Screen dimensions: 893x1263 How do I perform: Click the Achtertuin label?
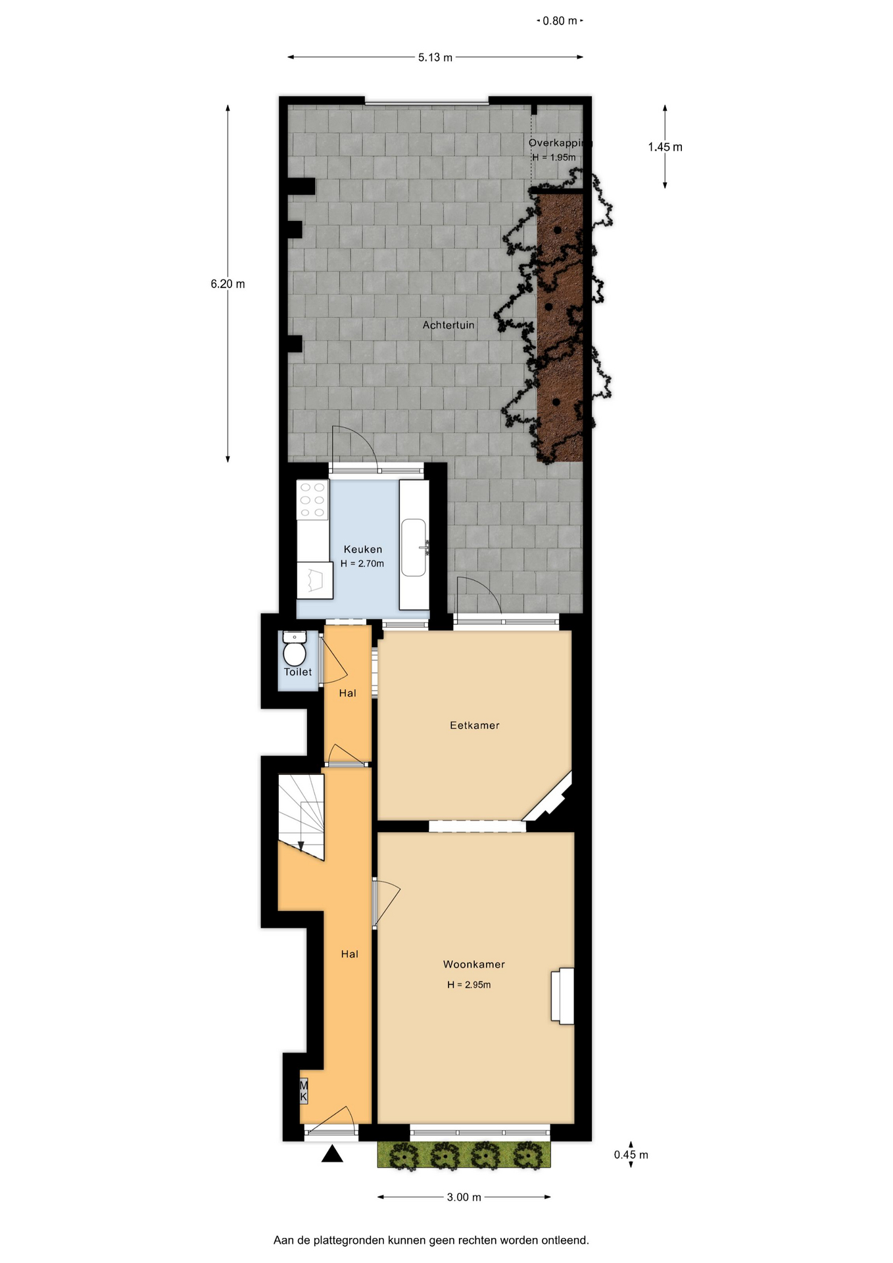[x=448, y=325]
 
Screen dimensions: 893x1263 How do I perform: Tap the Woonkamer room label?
[x=474, y=964]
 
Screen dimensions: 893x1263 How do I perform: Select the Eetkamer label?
[x=475, y=726]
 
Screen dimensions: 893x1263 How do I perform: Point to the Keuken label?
[x=363, y=549]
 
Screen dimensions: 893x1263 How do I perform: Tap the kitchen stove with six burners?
[x=312, y=500]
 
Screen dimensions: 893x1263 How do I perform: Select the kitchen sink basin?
[x=414, y=547]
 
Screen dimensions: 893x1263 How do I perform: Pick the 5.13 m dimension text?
[x=435, y=58]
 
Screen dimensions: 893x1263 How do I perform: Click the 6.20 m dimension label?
[x=228, y=284]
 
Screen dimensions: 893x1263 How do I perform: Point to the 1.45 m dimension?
[x=665, y=147]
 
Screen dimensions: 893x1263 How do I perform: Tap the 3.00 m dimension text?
[x=464, y=1197]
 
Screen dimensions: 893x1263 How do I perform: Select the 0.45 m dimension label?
[x=631, y=1154]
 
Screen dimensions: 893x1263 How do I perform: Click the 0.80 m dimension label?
[x=560, y=21]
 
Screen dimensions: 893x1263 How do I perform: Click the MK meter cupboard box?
[x=304, y=1091]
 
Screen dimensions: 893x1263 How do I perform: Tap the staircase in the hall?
[x=301, y=816]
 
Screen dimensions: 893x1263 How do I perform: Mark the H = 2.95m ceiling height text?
[x=469, y=985]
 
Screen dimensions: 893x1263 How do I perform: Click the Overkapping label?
[x=560, y=143]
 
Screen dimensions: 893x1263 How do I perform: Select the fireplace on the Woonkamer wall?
[x=563, y=996]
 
